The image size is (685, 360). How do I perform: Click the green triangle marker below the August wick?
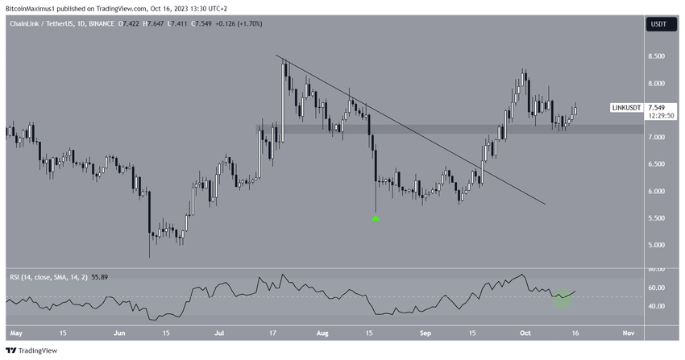coord(376,217)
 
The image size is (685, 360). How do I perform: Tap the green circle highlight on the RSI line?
coord(562,298)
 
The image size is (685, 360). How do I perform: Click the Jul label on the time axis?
coord(219,332)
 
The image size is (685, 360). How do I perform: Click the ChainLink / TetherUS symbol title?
coord(45,25)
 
